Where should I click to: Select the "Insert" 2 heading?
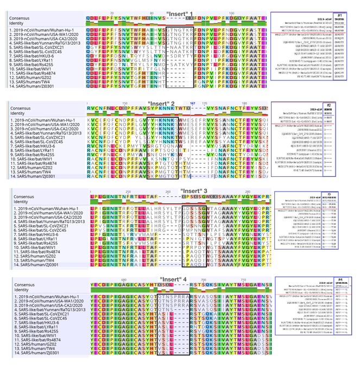[x=161, y=103]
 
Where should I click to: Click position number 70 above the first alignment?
[x=111, y=13]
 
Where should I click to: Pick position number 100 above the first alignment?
[x=231, y=13]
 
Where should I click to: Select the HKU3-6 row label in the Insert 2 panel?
[x=36, y=146]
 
